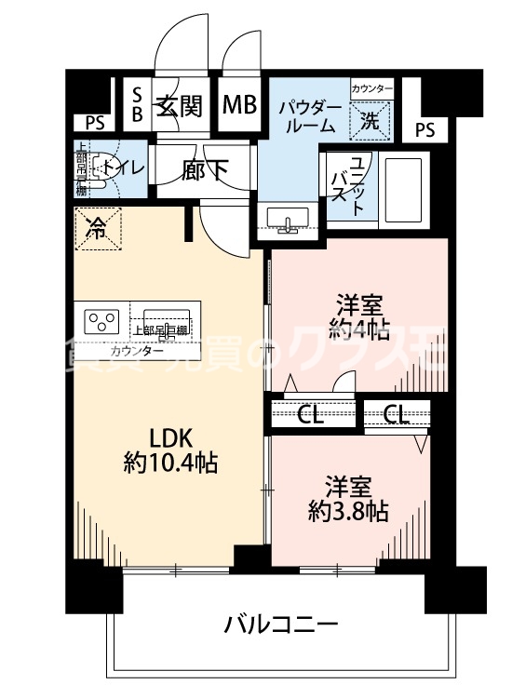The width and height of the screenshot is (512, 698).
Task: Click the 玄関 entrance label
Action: (179, 105)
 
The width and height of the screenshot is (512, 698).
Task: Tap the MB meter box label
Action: (238, 104)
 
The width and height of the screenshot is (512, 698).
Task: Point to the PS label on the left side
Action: (94, 122)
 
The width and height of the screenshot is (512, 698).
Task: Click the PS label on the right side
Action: (424, 129)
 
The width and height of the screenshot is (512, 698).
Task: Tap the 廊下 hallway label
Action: (204, 170)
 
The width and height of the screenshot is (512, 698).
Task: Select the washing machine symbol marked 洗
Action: (370, 119)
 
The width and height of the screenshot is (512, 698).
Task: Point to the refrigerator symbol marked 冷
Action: (97, 227)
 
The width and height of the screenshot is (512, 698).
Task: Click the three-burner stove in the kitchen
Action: (102, 322)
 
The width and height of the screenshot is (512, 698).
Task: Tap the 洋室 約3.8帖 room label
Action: (349, 498)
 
